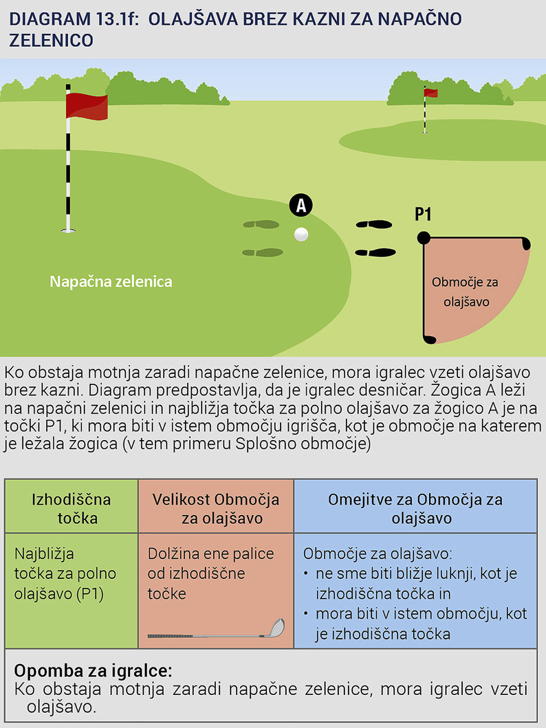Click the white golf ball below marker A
(301, 234)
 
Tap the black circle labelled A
(301, 205)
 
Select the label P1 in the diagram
(423, 214)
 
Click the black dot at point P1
(424, 238)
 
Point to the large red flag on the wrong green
(86, 106)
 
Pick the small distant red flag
(431, 93)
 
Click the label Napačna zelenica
(111, 281)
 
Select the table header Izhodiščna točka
(72, 508)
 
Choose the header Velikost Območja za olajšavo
(216, 508)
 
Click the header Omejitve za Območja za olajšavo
(415, 508)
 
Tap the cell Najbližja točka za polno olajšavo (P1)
(65, 573)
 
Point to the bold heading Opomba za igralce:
(93, 670)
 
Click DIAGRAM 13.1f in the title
(73, 18)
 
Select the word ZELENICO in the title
(51, 40)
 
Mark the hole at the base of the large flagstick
(67, 231)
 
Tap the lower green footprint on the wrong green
(263, 252)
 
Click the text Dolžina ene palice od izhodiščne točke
(211, 573)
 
